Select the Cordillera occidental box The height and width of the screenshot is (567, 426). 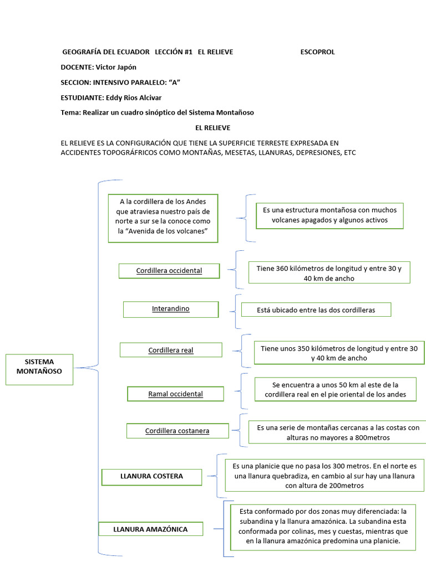click(x=169, y=271)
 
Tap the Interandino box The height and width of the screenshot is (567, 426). click(x=171, y=309)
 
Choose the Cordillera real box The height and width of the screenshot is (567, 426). click(x=171, y=350)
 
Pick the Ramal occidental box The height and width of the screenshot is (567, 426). click(x=175, y=394)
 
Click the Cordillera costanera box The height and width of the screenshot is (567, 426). click(x=177, y=431)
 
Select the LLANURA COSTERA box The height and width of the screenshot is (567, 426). click(x=151, y=476)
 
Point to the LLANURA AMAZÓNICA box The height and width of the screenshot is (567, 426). click(x=150, y=529)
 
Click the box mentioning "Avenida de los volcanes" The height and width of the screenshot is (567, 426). click(x=164, y=218)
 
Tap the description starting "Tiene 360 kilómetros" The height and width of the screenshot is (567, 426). click(x=329, y=273)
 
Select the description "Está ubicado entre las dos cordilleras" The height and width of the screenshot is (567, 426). click(x=316, y=310)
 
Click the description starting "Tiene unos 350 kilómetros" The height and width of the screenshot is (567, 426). click(x=339, y=353)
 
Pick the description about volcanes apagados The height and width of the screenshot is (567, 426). click(x=329, y=215)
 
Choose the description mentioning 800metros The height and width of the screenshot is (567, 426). click(x=338, y=432)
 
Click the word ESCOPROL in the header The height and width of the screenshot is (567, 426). click(x=317, y=52)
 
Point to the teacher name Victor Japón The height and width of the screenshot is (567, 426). click(x=116, y=67)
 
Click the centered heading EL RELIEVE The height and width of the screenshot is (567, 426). click(x=212, y=127)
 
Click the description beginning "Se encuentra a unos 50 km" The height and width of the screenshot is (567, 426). click(x=336, y=389)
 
